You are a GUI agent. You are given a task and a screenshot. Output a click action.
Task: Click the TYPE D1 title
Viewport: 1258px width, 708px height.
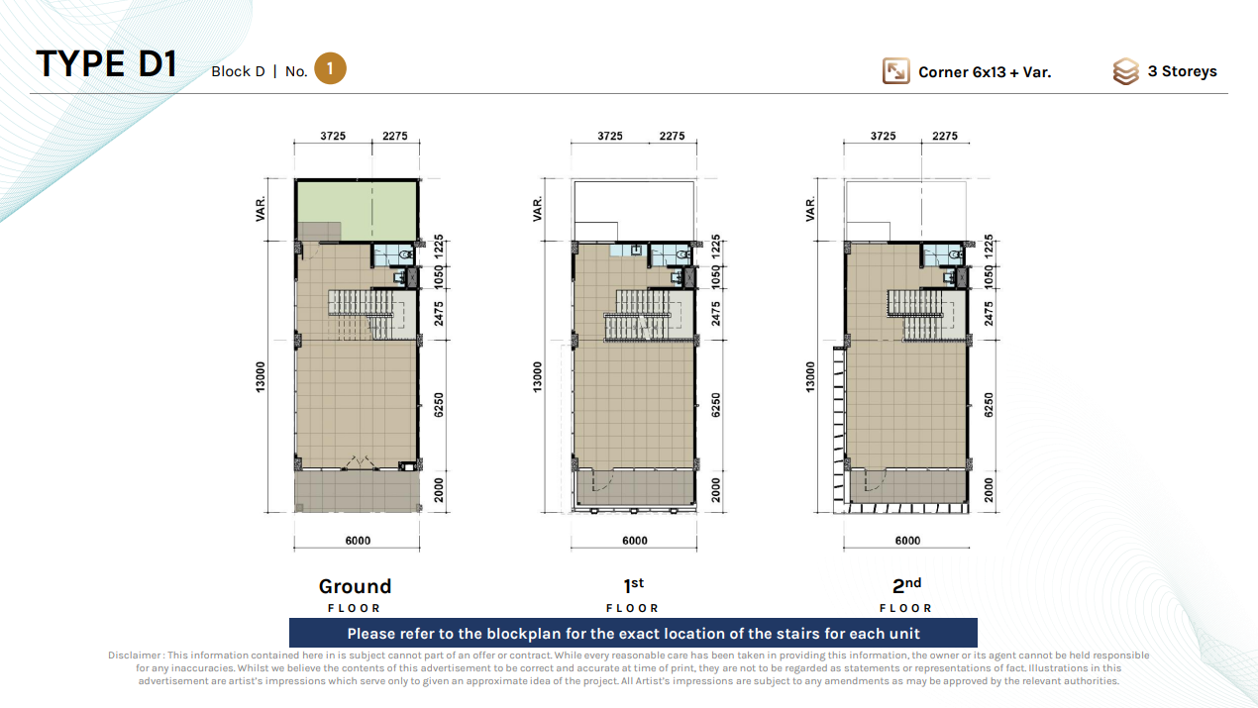(107, 63)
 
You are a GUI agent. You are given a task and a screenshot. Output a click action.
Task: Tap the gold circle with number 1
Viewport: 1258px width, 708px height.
(330, 68)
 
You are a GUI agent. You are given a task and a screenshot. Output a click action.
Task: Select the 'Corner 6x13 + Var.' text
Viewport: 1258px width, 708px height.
(985, 72)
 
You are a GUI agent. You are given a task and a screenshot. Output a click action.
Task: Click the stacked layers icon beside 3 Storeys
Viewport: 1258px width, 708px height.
(1126, 71)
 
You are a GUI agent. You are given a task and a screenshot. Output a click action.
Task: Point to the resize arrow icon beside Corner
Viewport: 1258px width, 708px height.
(895, 71)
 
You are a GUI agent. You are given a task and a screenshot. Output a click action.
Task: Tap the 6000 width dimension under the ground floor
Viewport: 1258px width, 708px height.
(358, 540)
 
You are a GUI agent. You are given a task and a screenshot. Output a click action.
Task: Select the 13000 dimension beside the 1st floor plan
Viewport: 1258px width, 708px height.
(538, 376)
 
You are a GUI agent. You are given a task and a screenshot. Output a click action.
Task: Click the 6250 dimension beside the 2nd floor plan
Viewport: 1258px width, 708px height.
(989, 405)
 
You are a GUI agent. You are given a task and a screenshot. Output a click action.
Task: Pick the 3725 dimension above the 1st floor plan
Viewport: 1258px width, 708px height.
(610, 136)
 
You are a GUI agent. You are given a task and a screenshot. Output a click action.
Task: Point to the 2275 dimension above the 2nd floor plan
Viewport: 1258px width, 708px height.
(945, 136)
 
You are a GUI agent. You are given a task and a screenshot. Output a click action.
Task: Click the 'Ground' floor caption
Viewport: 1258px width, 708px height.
(355, 586)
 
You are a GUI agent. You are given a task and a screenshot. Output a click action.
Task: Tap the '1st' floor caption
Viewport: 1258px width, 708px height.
(634, 585)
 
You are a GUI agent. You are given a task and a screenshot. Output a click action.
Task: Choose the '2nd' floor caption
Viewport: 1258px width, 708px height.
(906, 585)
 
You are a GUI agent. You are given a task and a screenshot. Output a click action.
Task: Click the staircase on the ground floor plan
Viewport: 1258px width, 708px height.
(363, 314)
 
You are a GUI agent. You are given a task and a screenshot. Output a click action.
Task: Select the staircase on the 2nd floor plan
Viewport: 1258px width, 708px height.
(915, 315)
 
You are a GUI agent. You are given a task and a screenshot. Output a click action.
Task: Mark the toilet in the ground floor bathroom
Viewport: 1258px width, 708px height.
(405, 255)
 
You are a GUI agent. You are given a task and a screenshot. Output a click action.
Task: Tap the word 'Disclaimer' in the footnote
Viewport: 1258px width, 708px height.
(135, 656)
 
